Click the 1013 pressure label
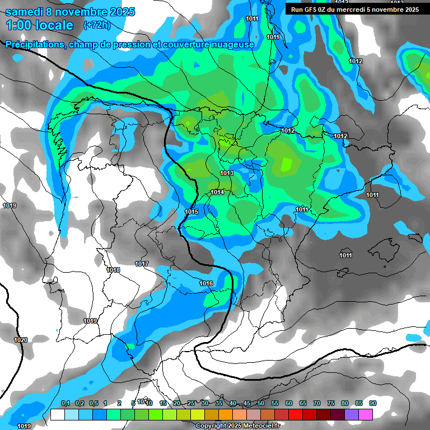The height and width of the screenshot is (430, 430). pos(227,174)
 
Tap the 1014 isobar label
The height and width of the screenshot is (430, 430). pos(217,193)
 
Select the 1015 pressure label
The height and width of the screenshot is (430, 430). pos(191,212)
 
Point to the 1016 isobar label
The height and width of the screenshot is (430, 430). pos(206,284)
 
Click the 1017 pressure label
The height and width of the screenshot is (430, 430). pos(142,264)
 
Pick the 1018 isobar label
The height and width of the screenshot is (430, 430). pos(114,270)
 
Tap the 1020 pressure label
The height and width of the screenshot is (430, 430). pos(21,340)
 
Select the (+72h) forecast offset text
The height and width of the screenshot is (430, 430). pos(97,25)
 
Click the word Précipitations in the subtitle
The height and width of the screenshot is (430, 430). pos(35,44)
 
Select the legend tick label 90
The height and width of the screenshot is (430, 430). pos(373,403)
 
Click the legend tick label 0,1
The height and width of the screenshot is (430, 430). pos(65,403)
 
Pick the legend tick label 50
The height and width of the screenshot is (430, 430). pos(261,403)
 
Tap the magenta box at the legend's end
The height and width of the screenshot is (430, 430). pos(366,414)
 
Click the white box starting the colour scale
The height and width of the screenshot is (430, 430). pos(57,414)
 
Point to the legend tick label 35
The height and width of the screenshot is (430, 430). pos(219,403)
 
